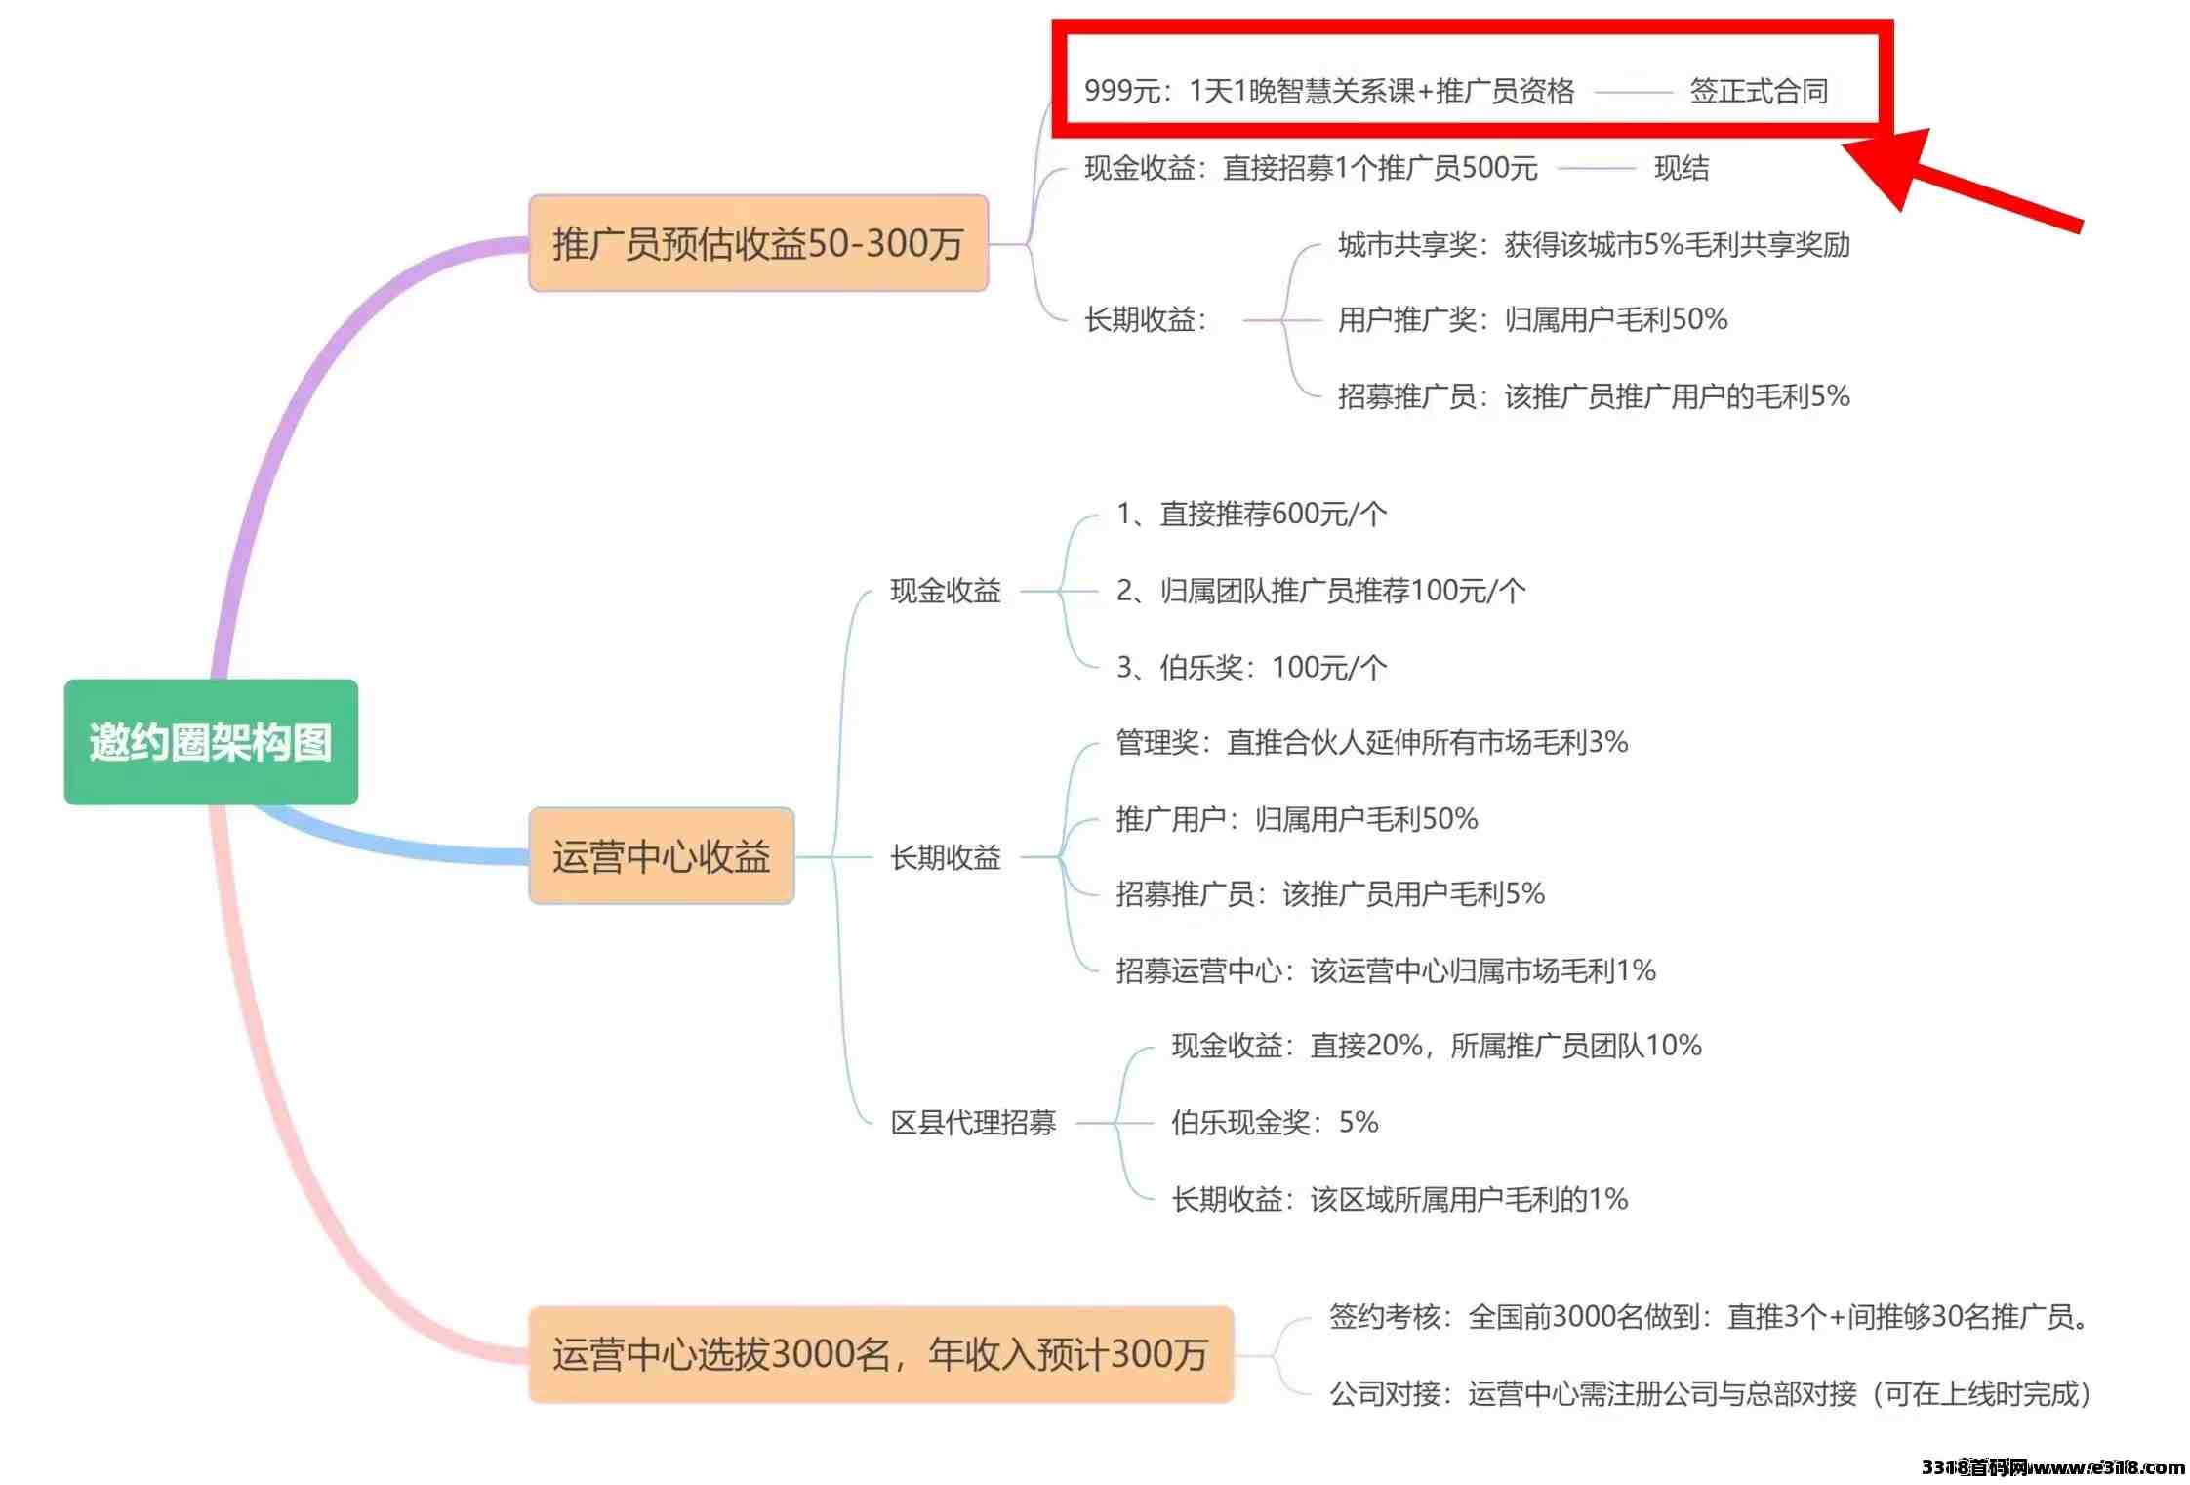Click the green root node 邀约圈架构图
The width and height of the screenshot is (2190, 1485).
[x=211, y=741]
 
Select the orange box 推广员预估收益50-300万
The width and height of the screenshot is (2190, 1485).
[x=758, y=243]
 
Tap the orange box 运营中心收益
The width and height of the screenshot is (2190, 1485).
[x=662, y=856]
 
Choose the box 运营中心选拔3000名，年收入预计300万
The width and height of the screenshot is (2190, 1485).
[x=881, y=1354]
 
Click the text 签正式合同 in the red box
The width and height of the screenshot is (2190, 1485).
[x=1759, y=91]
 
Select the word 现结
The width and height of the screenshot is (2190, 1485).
[x=1682, y=168]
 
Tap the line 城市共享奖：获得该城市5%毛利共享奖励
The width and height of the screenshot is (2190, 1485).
[x=1594, y=244]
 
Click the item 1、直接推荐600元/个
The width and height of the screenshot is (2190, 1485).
[x=1251, y=514]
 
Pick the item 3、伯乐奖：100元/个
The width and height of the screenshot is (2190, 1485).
[x=1251, y=668]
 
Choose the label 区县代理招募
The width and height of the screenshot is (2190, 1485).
[x=973, y=1123]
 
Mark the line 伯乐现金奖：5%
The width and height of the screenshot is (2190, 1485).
[x=1275, y=1123]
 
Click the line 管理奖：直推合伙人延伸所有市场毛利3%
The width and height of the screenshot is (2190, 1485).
[x=1372, y=743]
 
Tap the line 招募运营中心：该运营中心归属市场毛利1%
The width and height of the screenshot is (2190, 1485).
[x=1386, y=970]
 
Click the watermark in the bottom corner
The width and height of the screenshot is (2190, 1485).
[x=2053, y=1467]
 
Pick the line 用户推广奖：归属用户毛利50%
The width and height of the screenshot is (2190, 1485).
[x=1532, y=319]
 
